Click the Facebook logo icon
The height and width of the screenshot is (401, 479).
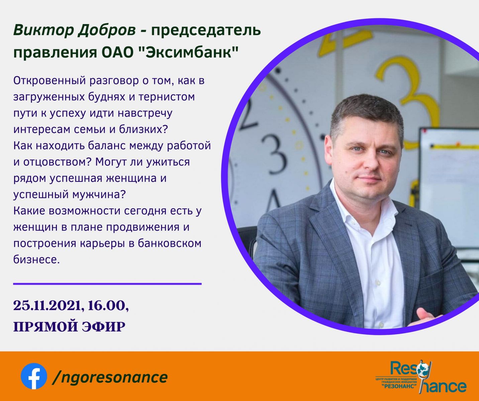point(34,376)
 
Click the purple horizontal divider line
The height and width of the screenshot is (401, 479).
point(107,284)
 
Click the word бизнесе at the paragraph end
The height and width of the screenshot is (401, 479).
point(36,260)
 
